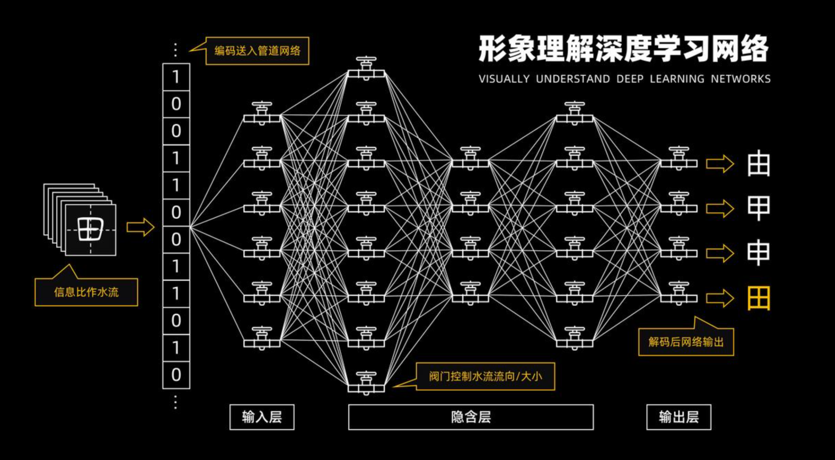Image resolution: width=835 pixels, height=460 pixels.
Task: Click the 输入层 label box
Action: pyautogui.click(x=262, y=417)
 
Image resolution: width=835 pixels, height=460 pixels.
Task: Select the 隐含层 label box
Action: pyautogui.click(x=471, y=417)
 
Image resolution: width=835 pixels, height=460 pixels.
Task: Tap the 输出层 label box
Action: pyautogui.click(x=678, y=417)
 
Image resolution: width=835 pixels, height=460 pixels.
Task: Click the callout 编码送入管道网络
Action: pyautogui.click(x=257, y=51)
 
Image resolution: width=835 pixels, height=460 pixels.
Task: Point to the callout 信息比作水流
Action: pyautogui.click(x=86, y=292)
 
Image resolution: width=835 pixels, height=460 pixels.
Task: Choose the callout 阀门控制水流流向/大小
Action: pyautogui.click(x=485, y=376)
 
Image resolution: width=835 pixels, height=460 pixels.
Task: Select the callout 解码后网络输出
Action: pyautogui.click(x=686, y=342)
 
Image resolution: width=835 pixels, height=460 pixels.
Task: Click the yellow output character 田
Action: pyautogui.click(x=759, y=298)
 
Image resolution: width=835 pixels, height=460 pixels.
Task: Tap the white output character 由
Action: pyautogui.click(x=759, y=164)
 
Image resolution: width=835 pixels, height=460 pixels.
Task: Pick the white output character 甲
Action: pyautogui.click(x=759, y=208)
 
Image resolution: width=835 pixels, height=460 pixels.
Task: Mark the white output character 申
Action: pyautogui.click(x=759, y=253)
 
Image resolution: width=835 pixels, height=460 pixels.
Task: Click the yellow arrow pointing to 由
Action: pyautogui.click(x=720, y=164)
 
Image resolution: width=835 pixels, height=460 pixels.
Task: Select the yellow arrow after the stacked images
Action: pyautogui.click(x=140, y=227)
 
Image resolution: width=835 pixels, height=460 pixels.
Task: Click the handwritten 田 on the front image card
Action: pyautogui.click(x=91, y=229)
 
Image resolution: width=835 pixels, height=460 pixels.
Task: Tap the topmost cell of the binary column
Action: pyautogui.click(x=176, y=77)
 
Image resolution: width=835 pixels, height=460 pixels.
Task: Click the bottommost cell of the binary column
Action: pyautogui.click(x=176, y=375)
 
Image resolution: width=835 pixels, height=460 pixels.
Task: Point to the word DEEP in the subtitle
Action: pyautogui.click(x=630, y=79)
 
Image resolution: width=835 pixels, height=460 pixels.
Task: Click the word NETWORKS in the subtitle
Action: pyautogui.click(x=741, y=79)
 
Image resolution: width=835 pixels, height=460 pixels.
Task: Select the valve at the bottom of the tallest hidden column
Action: pyautogui.click(x=366, y=384)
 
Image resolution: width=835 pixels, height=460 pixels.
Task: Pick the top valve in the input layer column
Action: pyautogui.click(x=262, y=113)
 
